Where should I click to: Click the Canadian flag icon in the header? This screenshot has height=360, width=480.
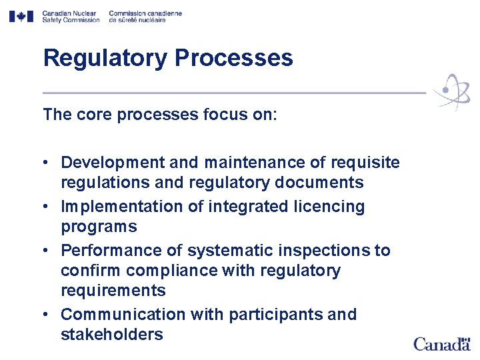(x=21, y=17)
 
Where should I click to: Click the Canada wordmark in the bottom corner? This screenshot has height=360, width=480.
(x=441, y=344)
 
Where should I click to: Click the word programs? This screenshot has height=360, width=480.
(x=99, y=227)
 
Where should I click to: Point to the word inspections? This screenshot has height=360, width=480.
(x=330, y=251)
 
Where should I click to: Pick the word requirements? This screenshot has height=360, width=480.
(x=113, y=291)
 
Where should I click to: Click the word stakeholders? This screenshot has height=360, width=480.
(x=111, y=334)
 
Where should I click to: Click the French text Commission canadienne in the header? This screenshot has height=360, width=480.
(x=145, y=13)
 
